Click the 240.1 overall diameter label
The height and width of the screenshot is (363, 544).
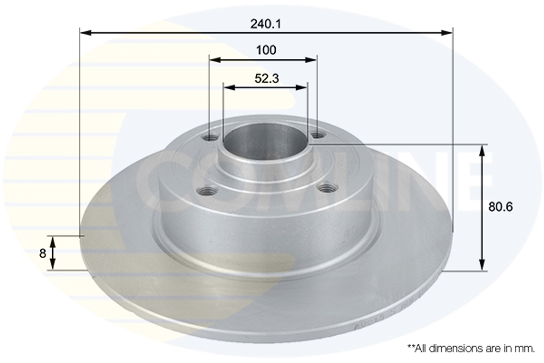pos(266,24)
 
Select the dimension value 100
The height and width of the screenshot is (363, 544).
pos(266,51)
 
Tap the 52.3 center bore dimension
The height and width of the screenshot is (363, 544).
pos(267,78)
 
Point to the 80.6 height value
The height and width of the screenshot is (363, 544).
pos(500,207)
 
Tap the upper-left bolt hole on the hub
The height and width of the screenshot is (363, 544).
pos(210,138)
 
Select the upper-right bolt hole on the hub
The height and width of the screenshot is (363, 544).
pos(317,136)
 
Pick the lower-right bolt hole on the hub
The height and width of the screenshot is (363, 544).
pos(327,188)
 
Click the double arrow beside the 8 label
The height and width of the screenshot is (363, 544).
pos(52,253)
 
